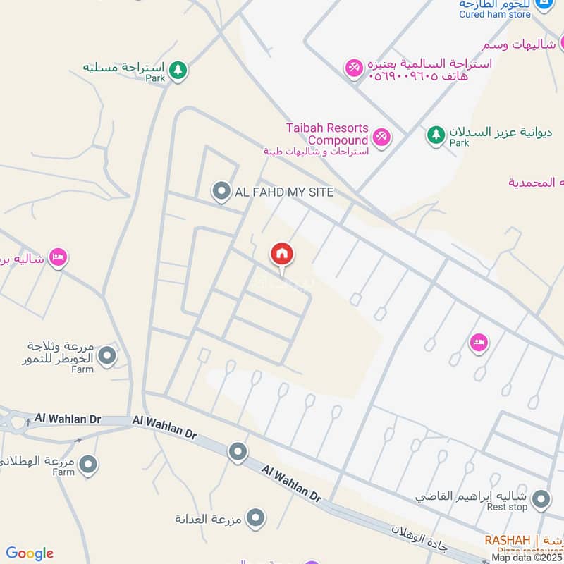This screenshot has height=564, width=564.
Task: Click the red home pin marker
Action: (282, 255)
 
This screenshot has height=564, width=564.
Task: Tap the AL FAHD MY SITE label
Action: (284, 192)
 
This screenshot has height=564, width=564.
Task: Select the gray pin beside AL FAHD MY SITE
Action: (221, 191)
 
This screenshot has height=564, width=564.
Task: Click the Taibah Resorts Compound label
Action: (327, 134)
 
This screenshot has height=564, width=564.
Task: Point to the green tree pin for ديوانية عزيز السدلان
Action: (436, 133)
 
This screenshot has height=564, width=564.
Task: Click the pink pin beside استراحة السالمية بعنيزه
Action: (353, 68)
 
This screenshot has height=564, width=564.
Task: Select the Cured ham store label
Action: (495, 14)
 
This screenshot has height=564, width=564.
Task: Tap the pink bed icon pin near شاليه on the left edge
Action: (59, 258)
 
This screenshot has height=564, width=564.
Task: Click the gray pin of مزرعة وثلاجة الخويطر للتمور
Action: (107, 356)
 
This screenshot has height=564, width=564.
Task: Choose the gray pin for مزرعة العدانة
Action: (256, 518)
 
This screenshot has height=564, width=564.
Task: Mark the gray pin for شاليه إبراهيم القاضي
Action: (541, 500)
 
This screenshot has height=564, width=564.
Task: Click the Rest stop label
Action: (508, 507)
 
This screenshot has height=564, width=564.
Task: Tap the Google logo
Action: (30, 553)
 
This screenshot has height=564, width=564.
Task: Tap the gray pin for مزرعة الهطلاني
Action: (88, 464)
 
